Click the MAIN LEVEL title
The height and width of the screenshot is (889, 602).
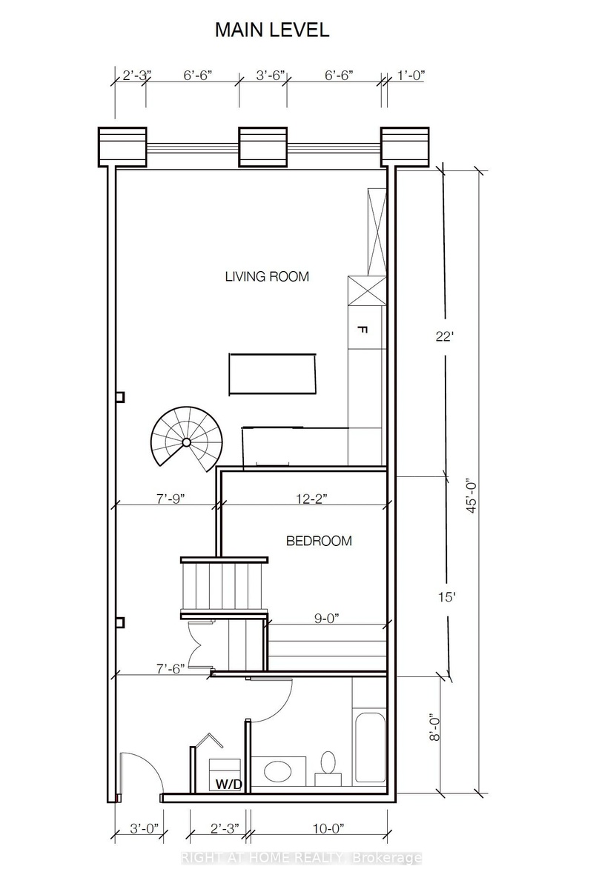[272, 30]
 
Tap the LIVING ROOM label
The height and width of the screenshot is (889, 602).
[267, 276]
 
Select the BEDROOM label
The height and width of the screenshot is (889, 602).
[319, 541]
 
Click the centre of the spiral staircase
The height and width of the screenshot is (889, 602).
[186, 442]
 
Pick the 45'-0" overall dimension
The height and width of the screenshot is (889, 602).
[472, 498]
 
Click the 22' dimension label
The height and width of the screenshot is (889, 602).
[444, 336]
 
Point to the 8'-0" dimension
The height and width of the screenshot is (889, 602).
[435, 727]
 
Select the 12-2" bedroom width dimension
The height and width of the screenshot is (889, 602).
[311, 499]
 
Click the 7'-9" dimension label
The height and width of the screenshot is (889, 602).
[171, 499]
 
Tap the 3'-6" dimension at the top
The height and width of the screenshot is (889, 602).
[271, 76]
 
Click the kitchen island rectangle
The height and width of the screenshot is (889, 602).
[272, 374]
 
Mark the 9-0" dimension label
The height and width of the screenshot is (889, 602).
[326, 619]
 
